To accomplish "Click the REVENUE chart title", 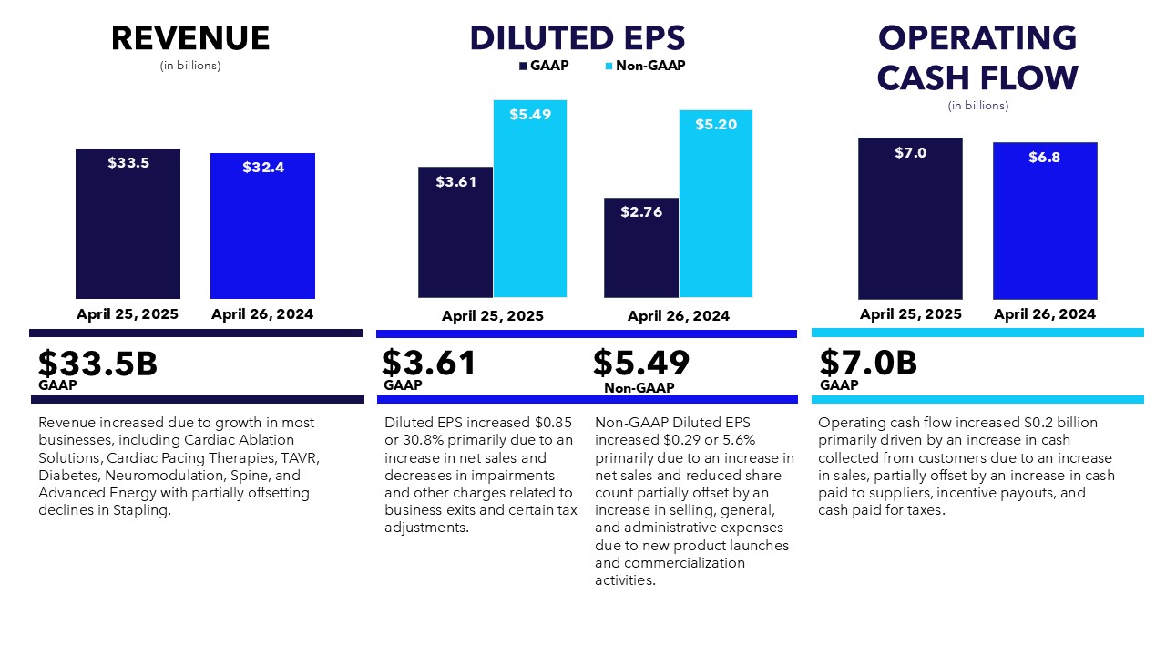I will (190, 38).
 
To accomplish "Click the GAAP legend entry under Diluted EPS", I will (544, 66).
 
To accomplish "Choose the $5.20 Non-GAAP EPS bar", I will (716, 204).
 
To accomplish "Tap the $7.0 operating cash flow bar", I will (910, 219).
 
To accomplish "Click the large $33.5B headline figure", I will (97, 364).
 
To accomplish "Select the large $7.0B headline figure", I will (868, 364).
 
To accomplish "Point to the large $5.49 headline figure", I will (641, 364).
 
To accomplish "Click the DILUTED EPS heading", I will (578, 38).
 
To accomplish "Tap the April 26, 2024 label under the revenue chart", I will (262, 314).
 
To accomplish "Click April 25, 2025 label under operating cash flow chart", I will (910, 314).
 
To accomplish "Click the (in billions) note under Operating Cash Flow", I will (977, 106).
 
